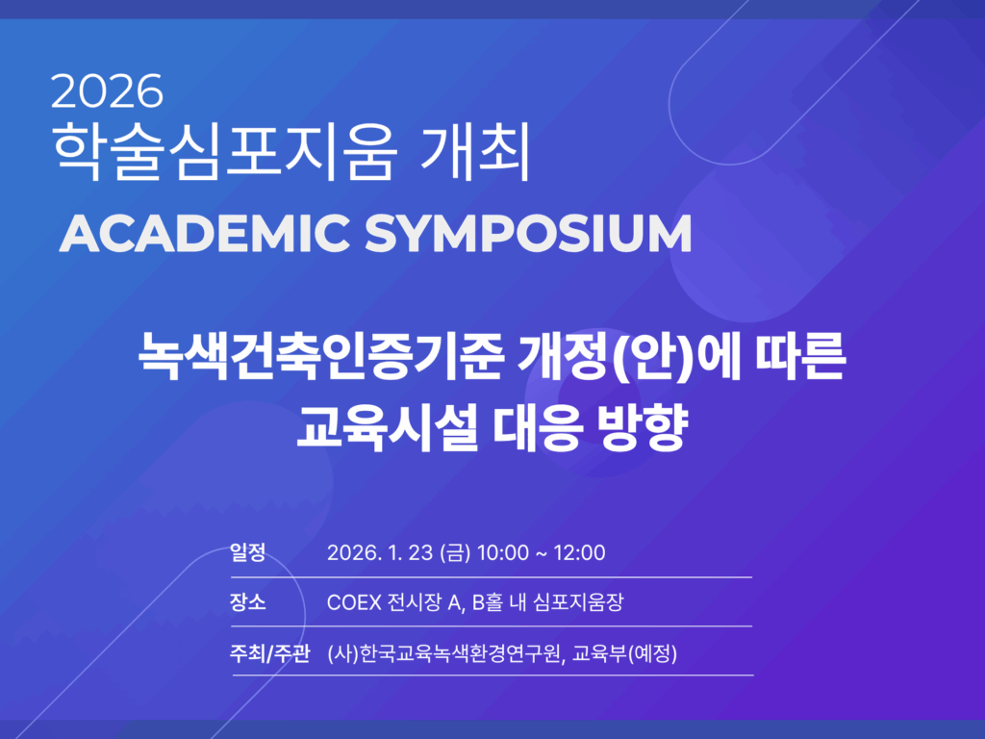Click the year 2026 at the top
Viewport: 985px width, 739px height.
(107, 91)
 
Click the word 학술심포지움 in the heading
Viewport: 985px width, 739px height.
(225, 151)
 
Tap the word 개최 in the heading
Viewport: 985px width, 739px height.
(475, 151)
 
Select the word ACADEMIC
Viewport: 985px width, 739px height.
(204, 233)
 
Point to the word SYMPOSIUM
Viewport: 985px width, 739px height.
(528, 233)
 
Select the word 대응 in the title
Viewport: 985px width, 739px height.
(535, 428)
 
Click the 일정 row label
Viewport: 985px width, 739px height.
(247, 551)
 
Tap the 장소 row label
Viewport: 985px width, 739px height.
(247, 602)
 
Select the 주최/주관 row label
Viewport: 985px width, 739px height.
(269, 653)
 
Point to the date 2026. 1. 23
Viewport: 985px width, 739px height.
(380, 552)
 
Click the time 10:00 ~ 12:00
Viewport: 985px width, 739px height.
(542, 552)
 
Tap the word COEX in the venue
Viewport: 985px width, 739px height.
(354, 602)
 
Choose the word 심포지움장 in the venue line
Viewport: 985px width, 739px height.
(578, 602)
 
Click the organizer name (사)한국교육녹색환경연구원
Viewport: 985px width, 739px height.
(444, 653)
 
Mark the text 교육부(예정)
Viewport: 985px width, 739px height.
(625, 653)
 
